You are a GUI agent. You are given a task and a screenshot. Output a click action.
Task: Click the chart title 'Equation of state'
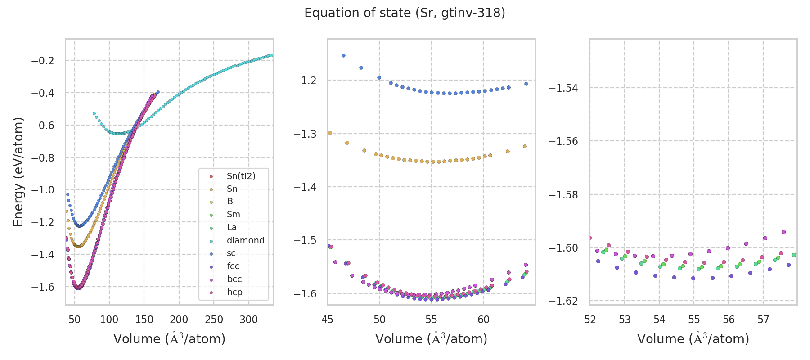pyautogui.click(x=405, y=13)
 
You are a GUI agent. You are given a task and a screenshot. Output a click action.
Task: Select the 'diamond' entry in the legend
pyautogui.click(x=245, y=240)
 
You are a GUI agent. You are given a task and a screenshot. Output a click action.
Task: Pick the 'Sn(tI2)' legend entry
pyautogui.click(x=241, y=176)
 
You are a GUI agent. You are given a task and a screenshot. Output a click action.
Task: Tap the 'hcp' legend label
pyautogui.click(x=234, y=292)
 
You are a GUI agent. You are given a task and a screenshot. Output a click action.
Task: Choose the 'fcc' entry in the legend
pyautogui.click(x=233, y=266)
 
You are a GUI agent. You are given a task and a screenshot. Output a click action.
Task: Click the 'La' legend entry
pyautogui.click(x=232, y=227)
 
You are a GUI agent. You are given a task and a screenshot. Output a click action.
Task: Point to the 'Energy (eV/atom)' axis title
pyautogui.click(x=18, y=171)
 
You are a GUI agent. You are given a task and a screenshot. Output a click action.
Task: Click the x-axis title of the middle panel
pyautogui.click(x=431, y=339)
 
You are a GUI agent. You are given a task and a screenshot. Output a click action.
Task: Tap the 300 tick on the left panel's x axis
pyautogui.click(x=248, y=320)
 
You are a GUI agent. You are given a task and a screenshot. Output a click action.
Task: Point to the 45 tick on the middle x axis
pyautogui.click(x=328, y=320)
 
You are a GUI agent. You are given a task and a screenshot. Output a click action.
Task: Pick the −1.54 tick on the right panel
pyautogui.click(x=563, y=88)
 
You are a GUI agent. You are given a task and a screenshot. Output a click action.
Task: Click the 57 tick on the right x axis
pyautogui.click(x=763, y=320)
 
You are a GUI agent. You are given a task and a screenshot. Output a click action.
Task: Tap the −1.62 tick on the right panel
pyautogui.click(x=563, y=301)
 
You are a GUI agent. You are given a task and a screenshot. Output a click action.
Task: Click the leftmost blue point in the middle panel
pyautogui.click(x=343, y=55)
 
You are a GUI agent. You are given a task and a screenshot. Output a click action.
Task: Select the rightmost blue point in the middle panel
pyautogui.click(x=526, y=84)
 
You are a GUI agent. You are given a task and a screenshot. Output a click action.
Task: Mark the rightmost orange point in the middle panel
pyautogui.click(x=525, y=146)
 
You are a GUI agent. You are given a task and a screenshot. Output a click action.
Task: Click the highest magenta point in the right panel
pyautogui.click(x=783, y=232)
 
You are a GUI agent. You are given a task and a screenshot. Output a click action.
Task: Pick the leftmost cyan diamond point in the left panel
pyautogui.click(x=94, y=113)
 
